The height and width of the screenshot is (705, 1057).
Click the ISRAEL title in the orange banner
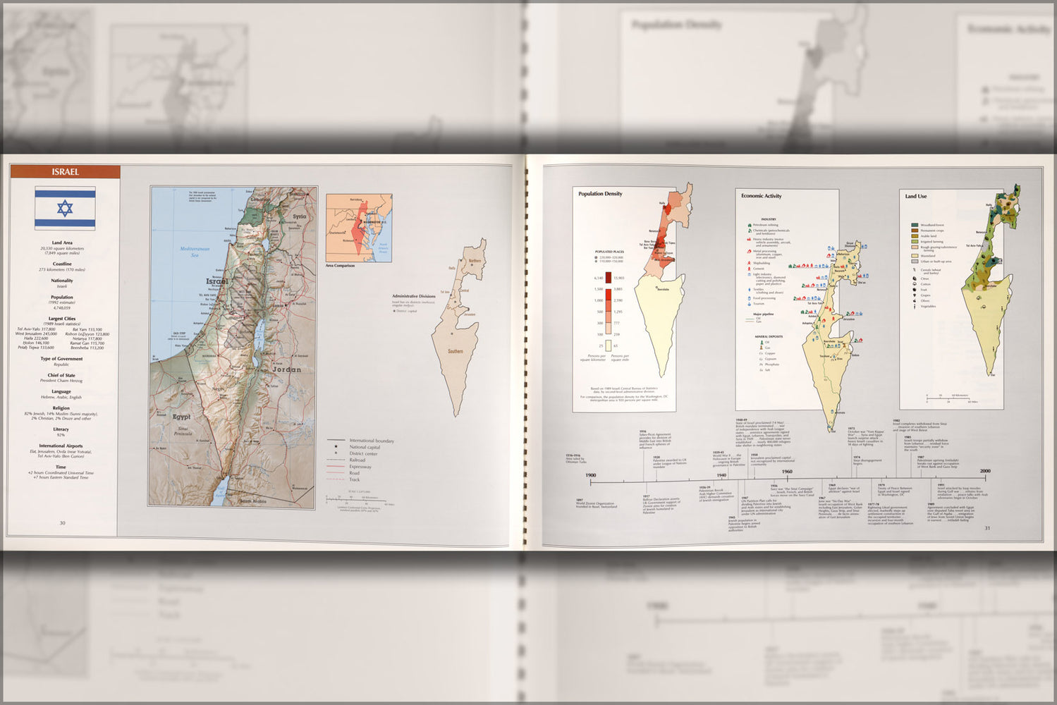pos(65,172)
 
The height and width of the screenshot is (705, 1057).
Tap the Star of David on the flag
pos(65,208)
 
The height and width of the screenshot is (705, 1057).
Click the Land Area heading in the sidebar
pos(62,243)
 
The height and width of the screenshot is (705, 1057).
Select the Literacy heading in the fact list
pos(61,429)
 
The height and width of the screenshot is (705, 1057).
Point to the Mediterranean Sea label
pos(195,252)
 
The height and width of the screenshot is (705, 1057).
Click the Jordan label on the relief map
pos(286,369)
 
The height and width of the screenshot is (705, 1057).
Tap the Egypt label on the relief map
pos(181,417)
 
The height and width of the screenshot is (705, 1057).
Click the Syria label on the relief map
pos(300,216)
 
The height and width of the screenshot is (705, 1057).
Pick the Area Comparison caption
pos(340,266)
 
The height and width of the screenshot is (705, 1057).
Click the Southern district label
pos(456,351)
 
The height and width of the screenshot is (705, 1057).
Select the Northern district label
pos(475,261)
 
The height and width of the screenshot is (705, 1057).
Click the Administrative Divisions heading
pos(414,296)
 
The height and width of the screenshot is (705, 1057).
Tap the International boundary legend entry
pos(371,441)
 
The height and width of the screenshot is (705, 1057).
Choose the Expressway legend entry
pos(360,467)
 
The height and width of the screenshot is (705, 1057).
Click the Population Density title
pos(600,194)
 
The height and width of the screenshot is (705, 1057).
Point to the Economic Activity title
pos(761,196)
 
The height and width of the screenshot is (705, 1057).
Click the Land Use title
pos(915,196)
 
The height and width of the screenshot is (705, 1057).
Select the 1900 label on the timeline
pos(591,475)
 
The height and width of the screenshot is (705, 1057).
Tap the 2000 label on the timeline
pos(984,471)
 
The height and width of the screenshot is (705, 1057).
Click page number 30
pos(62,523)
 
